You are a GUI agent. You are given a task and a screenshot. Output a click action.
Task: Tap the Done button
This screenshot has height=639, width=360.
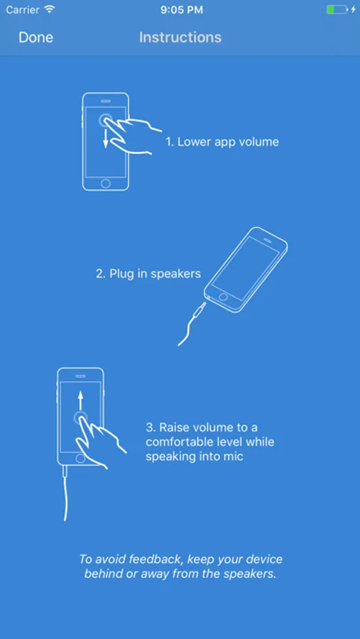[36, 38]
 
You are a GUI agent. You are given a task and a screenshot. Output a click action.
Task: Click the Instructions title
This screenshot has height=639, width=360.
[180, 38]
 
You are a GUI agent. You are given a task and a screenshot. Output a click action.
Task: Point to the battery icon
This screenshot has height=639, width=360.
[337, 9]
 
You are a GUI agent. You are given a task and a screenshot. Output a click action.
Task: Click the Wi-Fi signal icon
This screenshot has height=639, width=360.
[50, 9]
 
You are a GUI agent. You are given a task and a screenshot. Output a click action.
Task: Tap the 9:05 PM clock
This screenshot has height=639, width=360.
[182, 10]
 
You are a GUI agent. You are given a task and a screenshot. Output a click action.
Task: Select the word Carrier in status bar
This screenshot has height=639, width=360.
[23, 10]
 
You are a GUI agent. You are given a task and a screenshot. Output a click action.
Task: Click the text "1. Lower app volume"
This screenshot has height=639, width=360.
[222, 142]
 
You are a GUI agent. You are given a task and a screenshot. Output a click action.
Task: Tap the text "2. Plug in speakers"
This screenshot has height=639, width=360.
[148, 273]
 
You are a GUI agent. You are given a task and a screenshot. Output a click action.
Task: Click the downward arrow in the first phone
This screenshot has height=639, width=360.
[106, 138]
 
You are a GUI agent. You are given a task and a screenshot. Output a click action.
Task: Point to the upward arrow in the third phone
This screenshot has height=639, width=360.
[80, 400]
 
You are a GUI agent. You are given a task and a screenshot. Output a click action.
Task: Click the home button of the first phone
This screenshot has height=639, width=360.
[106, 183]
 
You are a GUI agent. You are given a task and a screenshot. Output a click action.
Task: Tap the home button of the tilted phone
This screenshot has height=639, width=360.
[222, 296]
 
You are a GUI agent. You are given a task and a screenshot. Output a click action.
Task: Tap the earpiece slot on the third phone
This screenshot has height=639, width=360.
[80, 376]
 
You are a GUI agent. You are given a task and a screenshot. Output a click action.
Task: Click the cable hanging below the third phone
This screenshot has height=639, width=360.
[65, 493]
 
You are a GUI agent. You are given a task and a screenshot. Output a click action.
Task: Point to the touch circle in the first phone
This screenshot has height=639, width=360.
[106, 121]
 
